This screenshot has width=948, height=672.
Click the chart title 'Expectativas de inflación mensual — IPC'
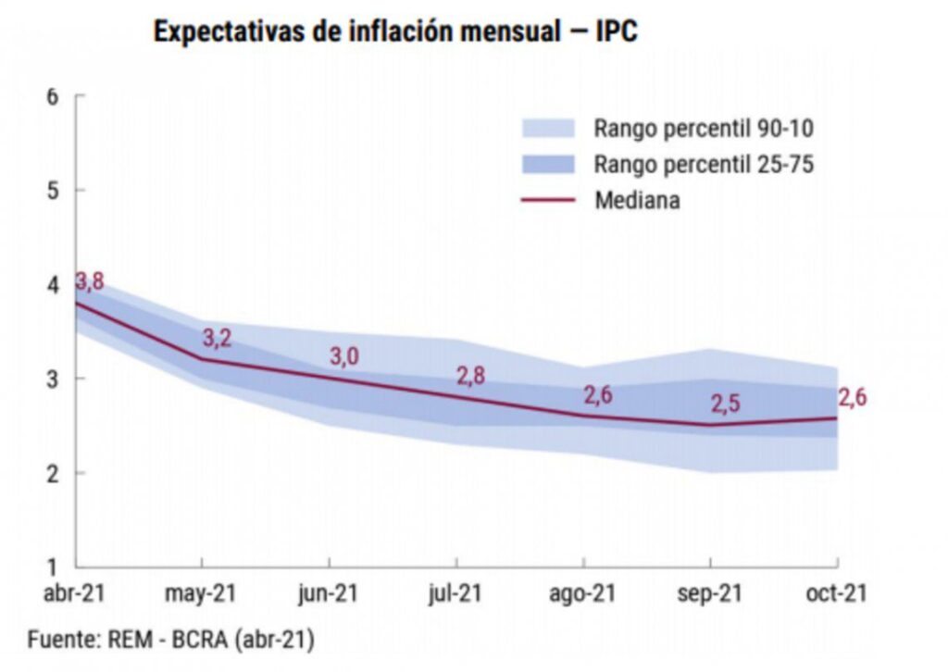(x=395, y=31)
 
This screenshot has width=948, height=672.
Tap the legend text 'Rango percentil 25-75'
(x=704, y=164)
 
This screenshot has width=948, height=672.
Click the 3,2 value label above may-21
(x=217, y=338)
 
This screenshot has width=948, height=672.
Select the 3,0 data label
(x=344, y=356)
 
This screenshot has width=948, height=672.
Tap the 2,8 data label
(x=471, y=376)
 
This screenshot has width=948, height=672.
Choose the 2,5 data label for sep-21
(x=725, y=404)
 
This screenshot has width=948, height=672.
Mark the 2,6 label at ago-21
(x=598, y=394)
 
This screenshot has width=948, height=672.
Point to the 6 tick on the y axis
(x=52, y=96)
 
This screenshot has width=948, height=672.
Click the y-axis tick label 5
(x=52, y=191)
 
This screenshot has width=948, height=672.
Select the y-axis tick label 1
(x=52, y=566)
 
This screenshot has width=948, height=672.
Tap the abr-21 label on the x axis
(x=74, y=594)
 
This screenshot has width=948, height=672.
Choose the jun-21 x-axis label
(x=329, y=594)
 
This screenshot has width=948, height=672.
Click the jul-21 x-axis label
(x=455, y=594)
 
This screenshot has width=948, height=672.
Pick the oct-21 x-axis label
(x=837, y=594)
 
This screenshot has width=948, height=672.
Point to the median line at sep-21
(x=710, y=425)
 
